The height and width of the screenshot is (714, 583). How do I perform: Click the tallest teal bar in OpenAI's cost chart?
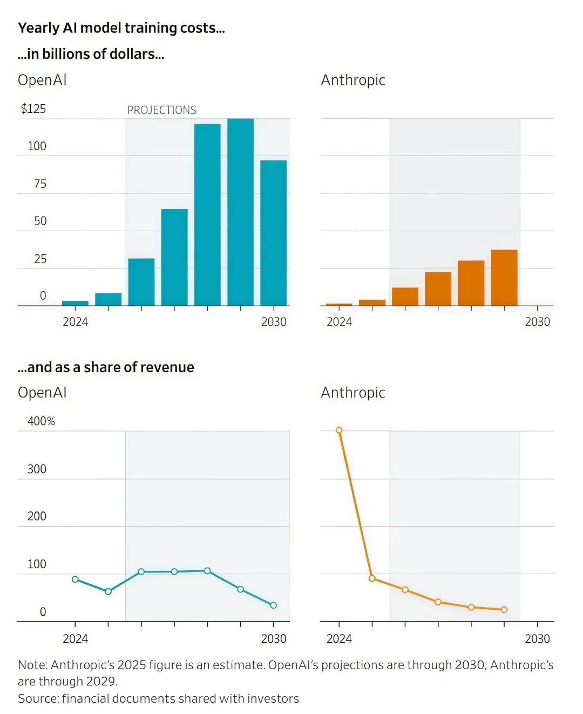click(240, 212)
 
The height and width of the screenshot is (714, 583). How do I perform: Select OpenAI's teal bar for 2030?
click(273, 233)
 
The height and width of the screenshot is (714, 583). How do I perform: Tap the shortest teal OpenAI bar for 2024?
click(75, 303)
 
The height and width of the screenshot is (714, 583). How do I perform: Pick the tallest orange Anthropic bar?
click(504, 278)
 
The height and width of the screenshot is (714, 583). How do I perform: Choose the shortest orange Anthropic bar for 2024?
click(339, 305)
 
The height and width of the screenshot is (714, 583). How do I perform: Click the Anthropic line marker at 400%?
click(339, 430)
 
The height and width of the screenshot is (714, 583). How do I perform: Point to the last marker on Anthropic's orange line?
click(504, 610)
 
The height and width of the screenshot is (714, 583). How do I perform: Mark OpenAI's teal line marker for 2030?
click(273, 605)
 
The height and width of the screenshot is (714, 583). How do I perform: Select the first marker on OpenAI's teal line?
click(75, 579)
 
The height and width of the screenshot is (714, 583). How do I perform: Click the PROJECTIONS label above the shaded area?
click(161, 110)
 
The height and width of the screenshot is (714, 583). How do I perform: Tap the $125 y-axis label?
click(33, 109)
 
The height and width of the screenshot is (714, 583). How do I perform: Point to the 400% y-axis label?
click(41, 421)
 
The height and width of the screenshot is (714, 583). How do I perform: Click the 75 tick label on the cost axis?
click(40, 184)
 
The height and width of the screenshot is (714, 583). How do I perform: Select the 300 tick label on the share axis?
click(37, 469)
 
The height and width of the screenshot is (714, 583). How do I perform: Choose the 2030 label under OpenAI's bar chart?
click(274, 322)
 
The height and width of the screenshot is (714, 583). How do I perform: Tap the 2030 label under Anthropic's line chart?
click(537, 639)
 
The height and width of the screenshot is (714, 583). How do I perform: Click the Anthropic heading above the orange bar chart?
click(353, 80)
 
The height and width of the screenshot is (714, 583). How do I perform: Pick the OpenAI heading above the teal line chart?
click(42, 393)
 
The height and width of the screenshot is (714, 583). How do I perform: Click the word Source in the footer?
click(38, 698)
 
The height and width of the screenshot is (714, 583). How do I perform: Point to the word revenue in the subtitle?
click(168, 367)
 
